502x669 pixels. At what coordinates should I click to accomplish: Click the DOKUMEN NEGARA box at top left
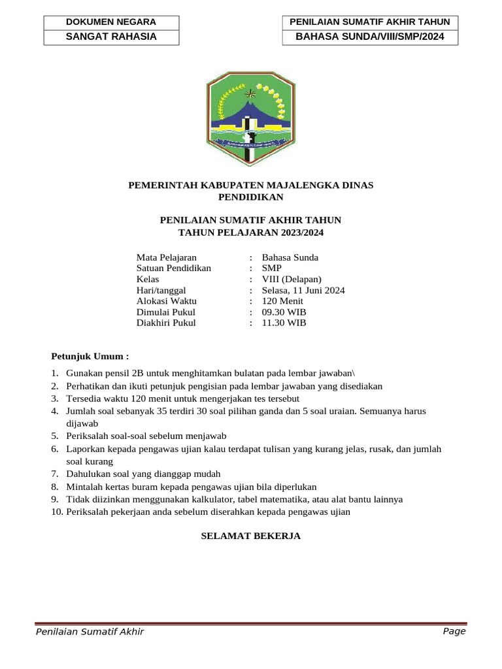111,22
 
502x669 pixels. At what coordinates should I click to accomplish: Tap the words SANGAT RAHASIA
111,37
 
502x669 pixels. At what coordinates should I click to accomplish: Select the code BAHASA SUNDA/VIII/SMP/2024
369,37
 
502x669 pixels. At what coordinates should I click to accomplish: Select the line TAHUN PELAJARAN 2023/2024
251,232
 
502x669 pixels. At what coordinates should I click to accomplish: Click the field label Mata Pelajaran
166,257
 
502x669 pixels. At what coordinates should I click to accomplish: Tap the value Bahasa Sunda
290,257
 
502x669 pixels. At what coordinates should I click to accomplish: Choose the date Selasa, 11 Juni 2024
303,290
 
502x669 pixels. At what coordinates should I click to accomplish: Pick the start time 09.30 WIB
284,312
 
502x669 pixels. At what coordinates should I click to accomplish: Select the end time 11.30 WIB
284,323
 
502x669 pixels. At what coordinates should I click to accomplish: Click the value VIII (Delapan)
292,280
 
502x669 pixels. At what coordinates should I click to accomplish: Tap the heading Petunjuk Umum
90,356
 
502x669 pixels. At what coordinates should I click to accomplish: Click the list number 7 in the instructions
55,474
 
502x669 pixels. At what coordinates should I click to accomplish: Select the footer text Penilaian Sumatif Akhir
90,632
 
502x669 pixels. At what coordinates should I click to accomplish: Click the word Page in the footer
454,631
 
